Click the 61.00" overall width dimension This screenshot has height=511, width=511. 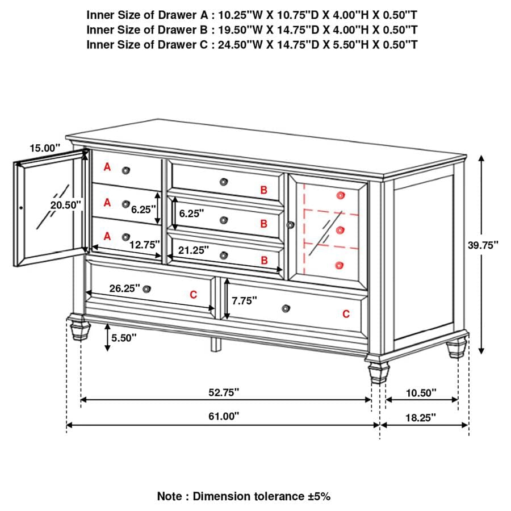(223, 416)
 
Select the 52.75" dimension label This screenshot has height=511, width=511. (223, 392)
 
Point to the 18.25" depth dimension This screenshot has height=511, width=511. (421, 417)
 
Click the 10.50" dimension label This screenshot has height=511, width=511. (421, 392)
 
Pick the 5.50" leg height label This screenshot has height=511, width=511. (124, 337)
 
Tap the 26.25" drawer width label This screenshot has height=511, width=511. (125, 288)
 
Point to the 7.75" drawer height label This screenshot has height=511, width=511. (245, 300)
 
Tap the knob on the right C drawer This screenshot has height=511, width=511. (286, 308)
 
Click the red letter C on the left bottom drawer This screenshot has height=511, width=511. (193, 294)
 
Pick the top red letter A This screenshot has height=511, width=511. (107, 167)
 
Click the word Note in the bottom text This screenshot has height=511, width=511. (170, 496)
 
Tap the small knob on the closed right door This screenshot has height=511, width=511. (291, 226)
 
